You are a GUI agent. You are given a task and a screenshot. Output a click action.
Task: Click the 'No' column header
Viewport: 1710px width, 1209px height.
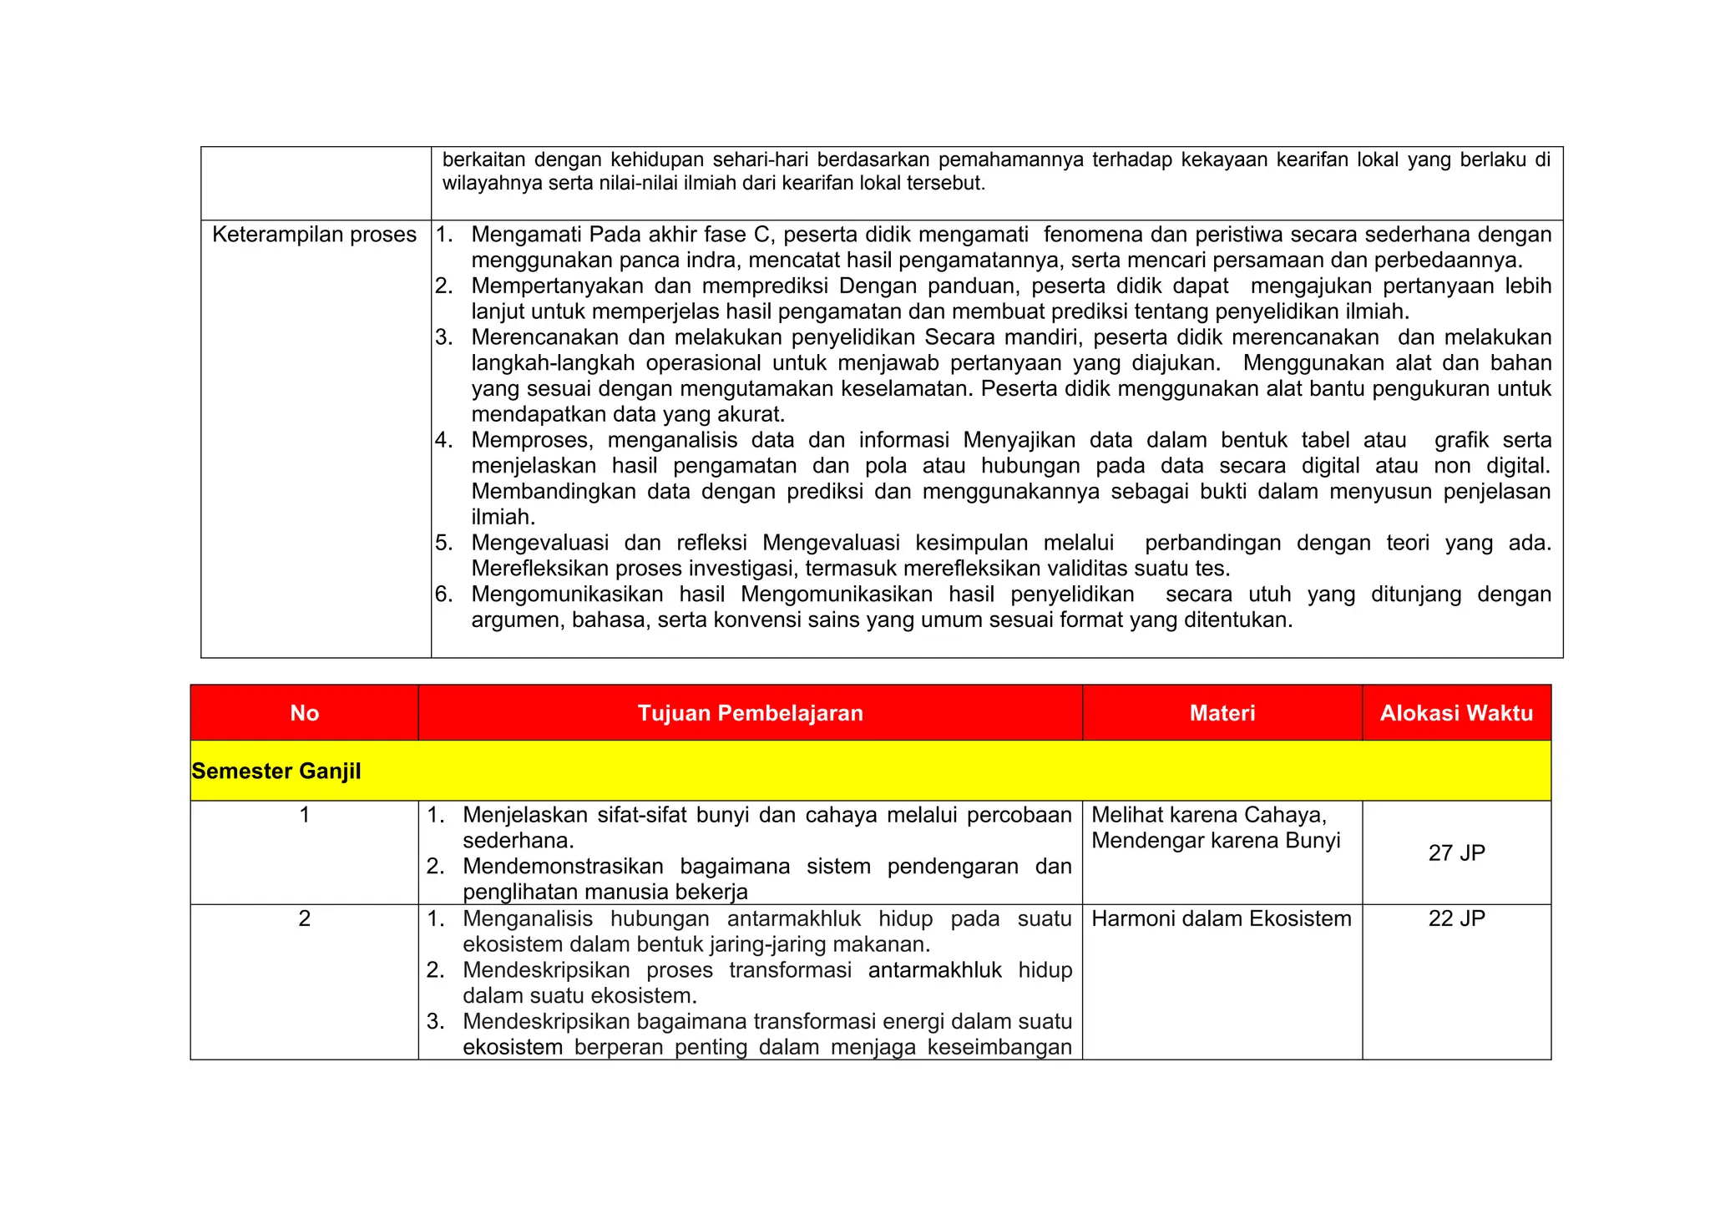click(304, 713)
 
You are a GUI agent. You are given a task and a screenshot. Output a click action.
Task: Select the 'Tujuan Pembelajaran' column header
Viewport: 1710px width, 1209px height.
click(750, 713)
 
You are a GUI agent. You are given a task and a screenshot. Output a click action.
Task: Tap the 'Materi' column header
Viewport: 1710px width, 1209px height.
click(1222, 713)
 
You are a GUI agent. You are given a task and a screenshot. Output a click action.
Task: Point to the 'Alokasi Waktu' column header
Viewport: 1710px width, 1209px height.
click(1456, 713)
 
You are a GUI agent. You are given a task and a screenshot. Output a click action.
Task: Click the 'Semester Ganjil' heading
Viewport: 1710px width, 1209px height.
click(276, 771)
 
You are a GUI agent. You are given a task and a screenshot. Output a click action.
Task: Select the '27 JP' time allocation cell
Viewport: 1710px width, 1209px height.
click(1456, 852)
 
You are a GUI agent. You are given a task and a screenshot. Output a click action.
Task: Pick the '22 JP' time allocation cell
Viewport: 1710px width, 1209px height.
click(1456, 918)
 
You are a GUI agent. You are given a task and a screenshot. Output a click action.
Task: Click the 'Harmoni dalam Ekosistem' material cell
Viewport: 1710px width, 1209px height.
click(1221, 918)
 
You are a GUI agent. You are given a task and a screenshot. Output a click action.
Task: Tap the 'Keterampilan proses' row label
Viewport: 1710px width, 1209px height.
click(314, 235)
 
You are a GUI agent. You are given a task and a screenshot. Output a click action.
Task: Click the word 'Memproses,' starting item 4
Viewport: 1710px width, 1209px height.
click(533, 440)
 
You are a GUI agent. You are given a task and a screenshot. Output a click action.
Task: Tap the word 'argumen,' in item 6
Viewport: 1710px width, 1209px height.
click(518, 620)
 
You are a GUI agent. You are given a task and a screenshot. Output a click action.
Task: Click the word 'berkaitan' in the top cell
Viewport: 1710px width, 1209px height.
click(483, 159)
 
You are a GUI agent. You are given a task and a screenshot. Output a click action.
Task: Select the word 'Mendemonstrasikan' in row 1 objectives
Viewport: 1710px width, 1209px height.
click(563, 867)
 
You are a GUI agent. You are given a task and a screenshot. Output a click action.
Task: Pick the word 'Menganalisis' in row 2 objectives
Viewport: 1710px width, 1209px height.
click(528, 918)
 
